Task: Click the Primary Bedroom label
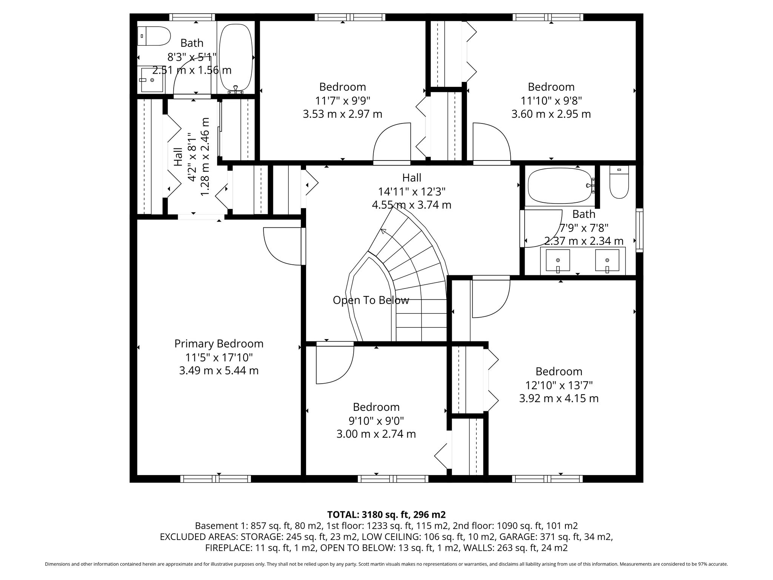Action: pos(219,344)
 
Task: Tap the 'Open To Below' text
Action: pos(371,300)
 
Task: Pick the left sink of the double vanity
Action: pos(557,260)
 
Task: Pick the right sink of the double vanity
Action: pos(607,260)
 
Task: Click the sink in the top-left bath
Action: pos(152,80)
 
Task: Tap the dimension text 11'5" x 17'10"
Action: pos(219,357)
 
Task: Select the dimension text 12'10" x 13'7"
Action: pos(559,385)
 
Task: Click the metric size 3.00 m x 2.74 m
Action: pos(376,434)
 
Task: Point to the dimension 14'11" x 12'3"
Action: pos(412,191)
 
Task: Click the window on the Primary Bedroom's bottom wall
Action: pos(216,479)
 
